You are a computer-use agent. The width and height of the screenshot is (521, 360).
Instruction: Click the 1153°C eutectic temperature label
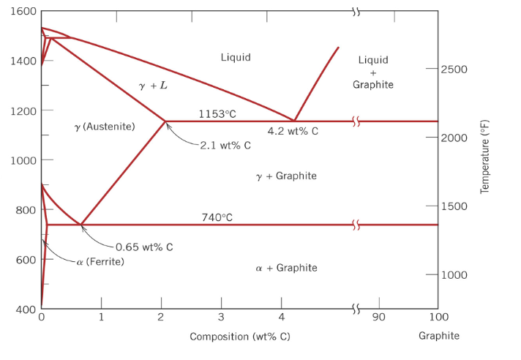pos(217,113)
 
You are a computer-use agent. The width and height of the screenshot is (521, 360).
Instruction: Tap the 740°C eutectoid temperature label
pos(217,217)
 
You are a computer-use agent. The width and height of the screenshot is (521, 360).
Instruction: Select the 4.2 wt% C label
pos(293,132)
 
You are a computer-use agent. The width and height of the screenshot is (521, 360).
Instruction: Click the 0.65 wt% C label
pos(144,247)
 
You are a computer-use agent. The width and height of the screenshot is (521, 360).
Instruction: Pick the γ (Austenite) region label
pos(105,127)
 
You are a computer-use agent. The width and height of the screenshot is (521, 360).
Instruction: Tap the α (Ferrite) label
pos(100,262)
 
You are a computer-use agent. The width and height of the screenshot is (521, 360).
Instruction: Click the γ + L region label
pos(153,86)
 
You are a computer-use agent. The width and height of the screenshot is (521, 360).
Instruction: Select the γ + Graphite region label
pos(286,176)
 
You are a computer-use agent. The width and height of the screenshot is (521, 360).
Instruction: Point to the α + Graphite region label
pos(287,268)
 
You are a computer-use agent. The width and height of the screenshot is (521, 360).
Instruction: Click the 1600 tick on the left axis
pos(23,12)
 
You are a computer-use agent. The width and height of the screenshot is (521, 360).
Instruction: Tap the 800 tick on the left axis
pos(26,211)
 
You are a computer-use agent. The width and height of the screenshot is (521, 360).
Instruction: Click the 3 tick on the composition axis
pos(221,317)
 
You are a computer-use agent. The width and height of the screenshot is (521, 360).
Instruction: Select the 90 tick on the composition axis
pos(379,317)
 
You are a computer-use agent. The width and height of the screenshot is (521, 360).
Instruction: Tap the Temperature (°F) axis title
pos(484,157)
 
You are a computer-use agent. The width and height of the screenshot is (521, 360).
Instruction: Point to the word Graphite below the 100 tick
pos(439,336)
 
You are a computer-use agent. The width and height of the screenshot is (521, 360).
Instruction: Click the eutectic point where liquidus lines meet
pos(294,121)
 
